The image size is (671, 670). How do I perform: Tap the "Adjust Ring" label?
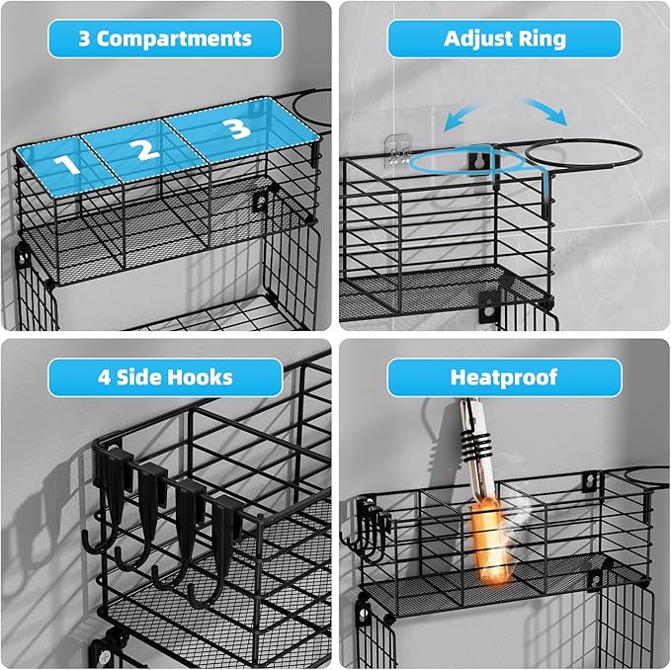504,40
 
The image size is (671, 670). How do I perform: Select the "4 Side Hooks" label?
165,377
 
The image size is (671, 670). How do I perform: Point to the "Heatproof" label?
504,377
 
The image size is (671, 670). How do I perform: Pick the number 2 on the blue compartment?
144,150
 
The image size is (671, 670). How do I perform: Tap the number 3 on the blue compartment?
235,129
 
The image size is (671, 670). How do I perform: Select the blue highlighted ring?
465,163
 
